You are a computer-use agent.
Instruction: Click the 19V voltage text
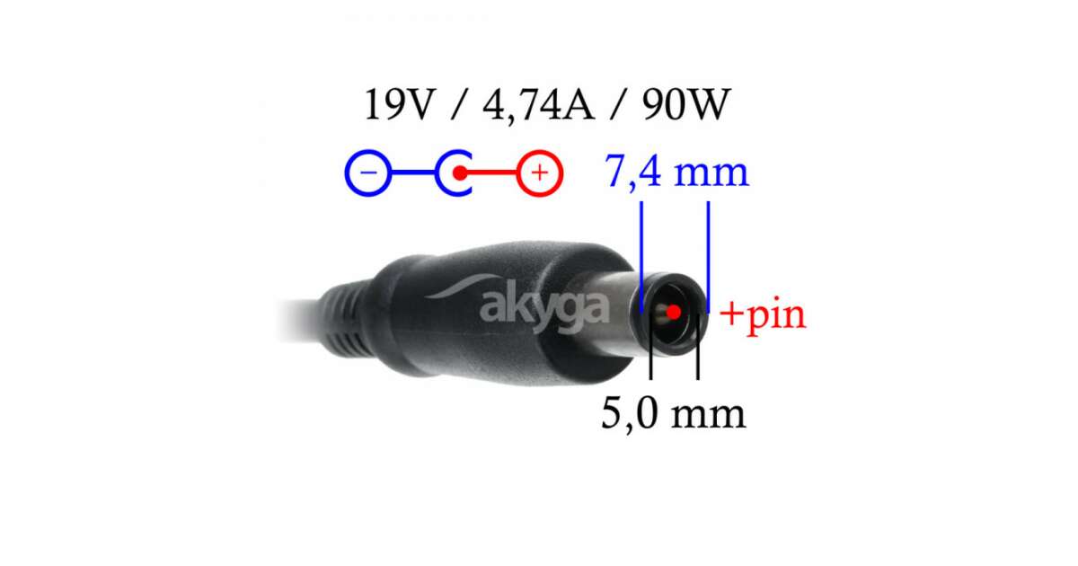click(x=400, y=104)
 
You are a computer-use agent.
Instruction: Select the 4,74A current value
click(x=538, y=106)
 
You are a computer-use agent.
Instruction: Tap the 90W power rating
click(x=686, y=104)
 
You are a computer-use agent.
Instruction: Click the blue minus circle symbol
click(x=368, y=172)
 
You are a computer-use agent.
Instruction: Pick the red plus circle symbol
click(x=540, y=172)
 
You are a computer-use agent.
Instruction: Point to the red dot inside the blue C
click(x=460, y=172)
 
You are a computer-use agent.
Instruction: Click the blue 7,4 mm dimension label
click(x=676, y=172)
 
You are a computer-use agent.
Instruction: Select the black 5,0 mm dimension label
click(x=673, y=413)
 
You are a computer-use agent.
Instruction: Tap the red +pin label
click(x=763, y=314)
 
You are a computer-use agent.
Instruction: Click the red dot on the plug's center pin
click(x=674, y=313)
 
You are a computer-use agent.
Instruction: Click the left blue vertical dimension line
click(x=641, y=258)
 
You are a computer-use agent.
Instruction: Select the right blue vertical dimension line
click(x=708, y=258)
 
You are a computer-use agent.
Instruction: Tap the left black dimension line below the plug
click(x=651, y=346)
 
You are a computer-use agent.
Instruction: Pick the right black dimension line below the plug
click(x=698, y=346)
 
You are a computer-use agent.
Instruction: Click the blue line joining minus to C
click(x=414, y=172)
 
